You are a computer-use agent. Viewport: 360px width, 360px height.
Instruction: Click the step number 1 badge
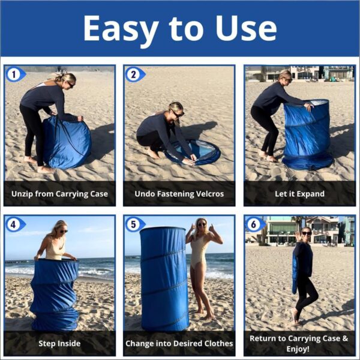coord(14,74)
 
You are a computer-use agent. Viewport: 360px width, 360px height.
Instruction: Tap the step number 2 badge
coord(134,74)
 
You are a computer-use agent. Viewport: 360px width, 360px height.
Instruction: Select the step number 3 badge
coord(254,74)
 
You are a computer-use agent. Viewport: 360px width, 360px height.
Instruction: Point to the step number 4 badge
coord(14,224)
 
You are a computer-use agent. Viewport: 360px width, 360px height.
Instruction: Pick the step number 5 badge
coord(134,224)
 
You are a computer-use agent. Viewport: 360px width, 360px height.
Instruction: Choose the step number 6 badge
coord(254,224)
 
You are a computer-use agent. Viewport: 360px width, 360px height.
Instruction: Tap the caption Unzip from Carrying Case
coord(60,194)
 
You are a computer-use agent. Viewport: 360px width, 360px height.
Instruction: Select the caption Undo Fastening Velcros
coord(179,194)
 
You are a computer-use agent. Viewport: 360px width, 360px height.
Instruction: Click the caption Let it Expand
coord(299,194)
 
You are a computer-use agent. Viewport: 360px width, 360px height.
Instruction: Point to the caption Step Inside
coord(60,344)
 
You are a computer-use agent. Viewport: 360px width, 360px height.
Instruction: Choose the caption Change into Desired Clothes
coord(179,344)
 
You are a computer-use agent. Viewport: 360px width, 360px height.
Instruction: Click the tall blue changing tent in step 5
coord(164,279)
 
